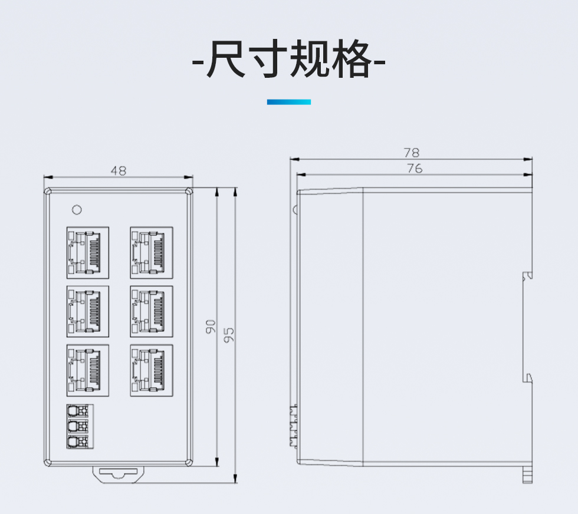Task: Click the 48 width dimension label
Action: (x=119, y=171)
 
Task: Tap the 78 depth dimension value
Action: (x=412, y=153)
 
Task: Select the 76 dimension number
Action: (x=415, y=169)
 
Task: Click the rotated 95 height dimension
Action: (x=229, y=334)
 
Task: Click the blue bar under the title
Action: (x=288, y=102)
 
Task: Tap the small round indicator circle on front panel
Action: (x=75, y=209)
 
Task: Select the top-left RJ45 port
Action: (x=88, y=252)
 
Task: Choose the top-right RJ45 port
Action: (x=152, y=252)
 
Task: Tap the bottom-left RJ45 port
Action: (x=88, y=370)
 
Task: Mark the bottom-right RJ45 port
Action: (x=152, y=370)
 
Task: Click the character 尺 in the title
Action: (x=225, y=60)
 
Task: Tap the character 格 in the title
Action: (x=350, y=60)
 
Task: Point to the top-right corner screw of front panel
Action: (x=188, y=192)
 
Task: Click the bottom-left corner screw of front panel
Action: (x=48, y=463)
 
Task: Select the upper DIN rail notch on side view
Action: (x=528, y=275)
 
